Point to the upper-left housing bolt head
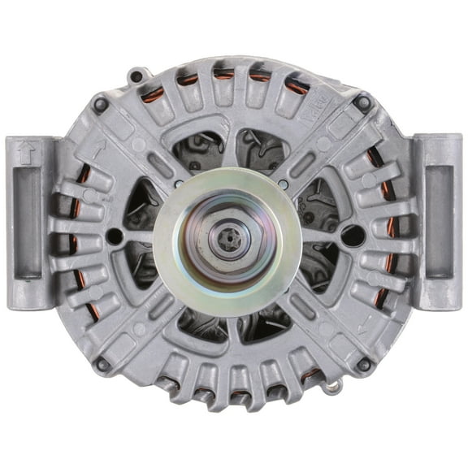(x=101, y=104)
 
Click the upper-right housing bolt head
(x=362, y=103)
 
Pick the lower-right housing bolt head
(x=363, y=364)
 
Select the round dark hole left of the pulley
(x=115, y=236)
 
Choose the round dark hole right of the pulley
(x=352, y=236)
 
